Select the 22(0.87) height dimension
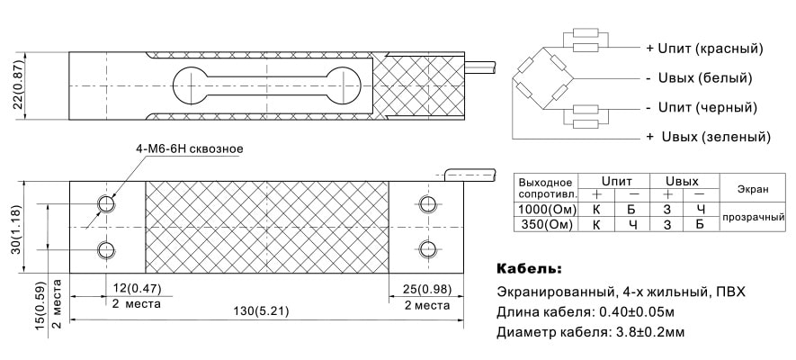click(x=18, y=85)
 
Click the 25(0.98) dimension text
click(x=426, y=289)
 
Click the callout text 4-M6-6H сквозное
click(x=190, y=148)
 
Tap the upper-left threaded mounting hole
click(x=107, y=204)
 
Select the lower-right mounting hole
click(x=427, y=248)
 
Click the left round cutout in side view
click(x=191, y=85)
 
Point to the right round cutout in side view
click(x=344, y=85)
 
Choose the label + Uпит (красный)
click(x=704, y=49)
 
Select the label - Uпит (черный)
click(x=702, y=108)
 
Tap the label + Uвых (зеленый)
click(x=708, y=137)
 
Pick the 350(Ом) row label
click(x=546, y=224)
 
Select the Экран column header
click(x=752, y=189)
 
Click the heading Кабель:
click(x=529, y=268)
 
